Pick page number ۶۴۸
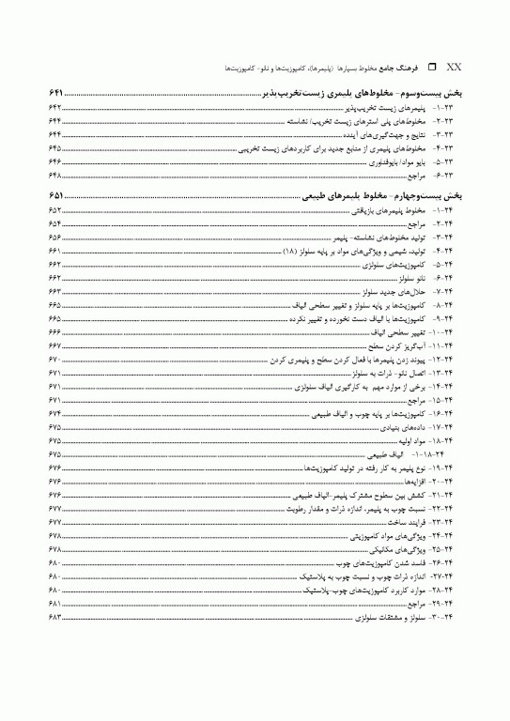(54, 176)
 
